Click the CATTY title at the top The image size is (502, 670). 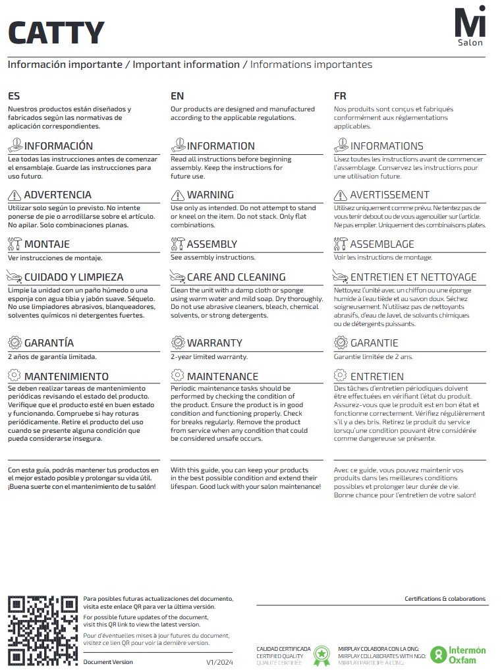[56, 32]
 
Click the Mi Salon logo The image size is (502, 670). [470, 27]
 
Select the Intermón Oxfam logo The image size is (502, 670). [459, 654]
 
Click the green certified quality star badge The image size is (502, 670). [321, 655]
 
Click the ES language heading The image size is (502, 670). [14, 96]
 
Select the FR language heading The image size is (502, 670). [340, 96]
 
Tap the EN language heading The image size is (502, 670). [177, 96]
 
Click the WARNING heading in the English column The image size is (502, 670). [210, 195]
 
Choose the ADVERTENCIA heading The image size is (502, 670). [58, 195]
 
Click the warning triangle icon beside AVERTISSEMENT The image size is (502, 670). [341, 195]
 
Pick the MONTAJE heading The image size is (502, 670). [47, 244]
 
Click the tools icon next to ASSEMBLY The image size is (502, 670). [177, 244]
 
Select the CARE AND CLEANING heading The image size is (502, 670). [236, 277]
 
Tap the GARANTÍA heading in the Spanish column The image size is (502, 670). [49, 343]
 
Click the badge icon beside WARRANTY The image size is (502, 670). [177, 343]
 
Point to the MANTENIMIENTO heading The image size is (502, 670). [66, 377]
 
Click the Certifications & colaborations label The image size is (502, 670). [445, 599]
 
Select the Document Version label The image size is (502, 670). [108, 661]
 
